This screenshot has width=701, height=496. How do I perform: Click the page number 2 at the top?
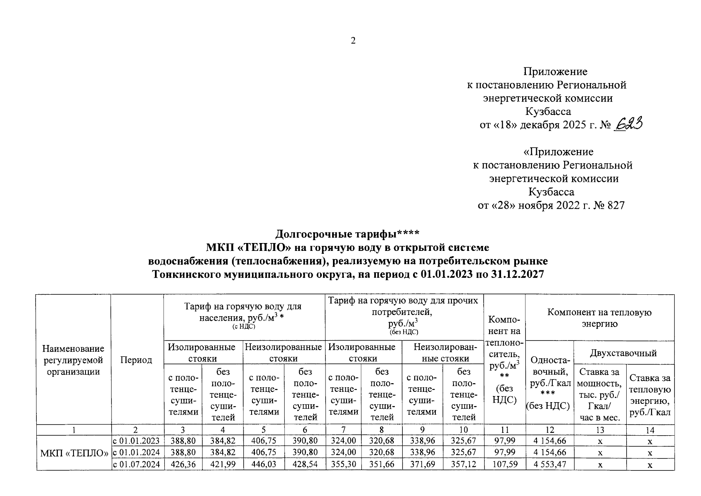click(x=353, y=41)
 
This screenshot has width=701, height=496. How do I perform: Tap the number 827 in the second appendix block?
click(x=616, y=205)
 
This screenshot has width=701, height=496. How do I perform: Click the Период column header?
click(x=136, y=360)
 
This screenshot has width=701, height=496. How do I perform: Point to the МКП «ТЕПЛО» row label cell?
click(x=74, y=453)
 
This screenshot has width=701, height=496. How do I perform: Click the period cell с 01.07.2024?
click(x=136, y=465)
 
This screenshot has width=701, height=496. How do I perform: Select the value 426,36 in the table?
click(x=183, y=465)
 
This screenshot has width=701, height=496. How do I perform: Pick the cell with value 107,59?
click(x=504, y=465)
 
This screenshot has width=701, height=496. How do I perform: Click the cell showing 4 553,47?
click(x=549, y=465)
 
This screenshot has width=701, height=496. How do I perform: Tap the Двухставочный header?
click(x=623, y=353)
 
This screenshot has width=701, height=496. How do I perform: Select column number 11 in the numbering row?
click(x=504, y=430)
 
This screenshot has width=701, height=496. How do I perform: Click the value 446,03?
click(x=264, y=465)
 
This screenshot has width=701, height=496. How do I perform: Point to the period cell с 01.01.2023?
click(x=136, y=441)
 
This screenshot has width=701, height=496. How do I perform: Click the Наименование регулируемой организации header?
click(x=74, y=360)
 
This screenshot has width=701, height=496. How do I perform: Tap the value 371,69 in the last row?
click(x=422, y=465)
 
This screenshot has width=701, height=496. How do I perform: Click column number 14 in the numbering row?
click(x=650, y=430)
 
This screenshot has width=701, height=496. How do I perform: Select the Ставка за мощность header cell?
click(x=599, y=395)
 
